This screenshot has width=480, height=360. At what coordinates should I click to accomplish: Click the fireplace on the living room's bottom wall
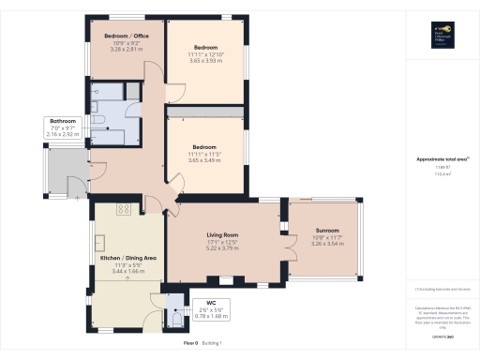click(224, 280)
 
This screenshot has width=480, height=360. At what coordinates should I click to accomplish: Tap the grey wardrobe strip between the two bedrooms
click(206, 112)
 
